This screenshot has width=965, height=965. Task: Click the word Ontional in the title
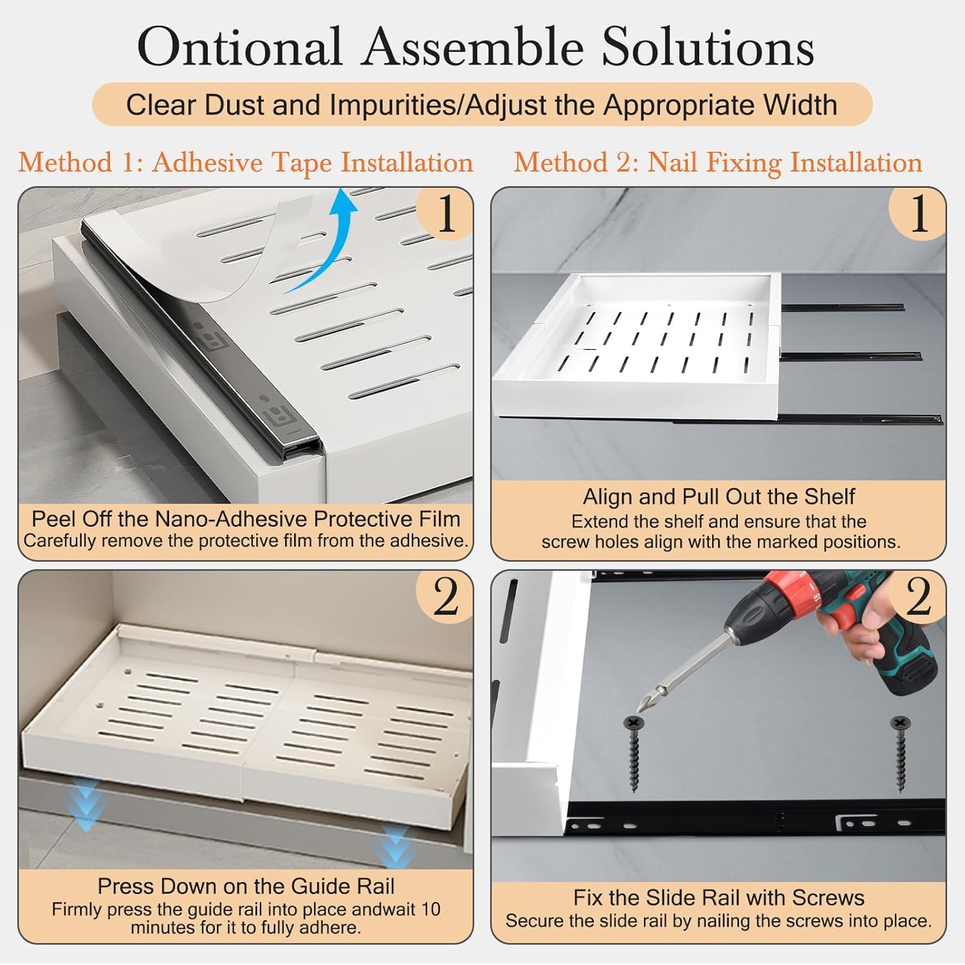[239, 46]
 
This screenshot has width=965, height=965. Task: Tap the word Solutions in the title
[708, 46]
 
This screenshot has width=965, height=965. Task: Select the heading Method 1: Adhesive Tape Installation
[246, 163]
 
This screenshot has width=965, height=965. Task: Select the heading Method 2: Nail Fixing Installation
[718, 163]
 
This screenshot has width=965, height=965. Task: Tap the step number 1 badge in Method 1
[445, 214]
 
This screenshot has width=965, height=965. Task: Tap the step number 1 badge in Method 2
[918, 214]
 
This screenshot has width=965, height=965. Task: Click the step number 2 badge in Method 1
[445, 597]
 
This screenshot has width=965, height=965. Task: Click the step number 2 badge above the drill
[918, 597]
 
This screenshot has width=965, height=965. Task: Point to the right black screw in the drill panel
[900, 754]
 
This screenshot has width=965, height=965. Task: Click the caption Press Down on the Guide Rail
[246, 886]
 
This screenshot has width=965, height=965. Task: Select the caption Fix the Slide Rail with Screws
[719, 897]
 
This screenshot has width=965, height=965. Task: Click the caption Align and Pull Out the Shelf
[719, 497]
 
